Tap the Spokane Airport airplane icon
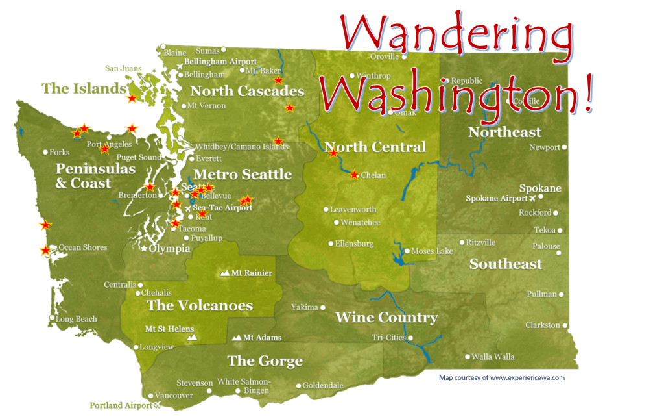[533, 198]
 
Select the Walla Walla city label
[493, 357]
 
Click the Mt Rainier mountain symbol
[226, 273]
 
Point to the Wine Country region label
[386, 318]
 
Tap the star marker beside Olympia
[144, 248]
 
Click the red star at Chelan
[354, 175]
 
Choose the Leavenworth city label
[353, 210]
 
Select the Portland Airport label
[121, 405]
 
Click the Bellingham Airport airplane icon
[180, 66]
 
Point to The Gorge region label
[265, 361]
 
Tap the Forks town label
[60, 153]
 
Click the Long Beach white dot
[52, 318]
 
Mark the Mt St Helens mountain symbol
[191, 338]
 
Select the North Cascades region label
[247, 91]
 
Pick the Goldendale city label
[323, 386]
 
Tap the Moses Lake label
[433, 251]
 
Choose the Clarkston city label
[543, 325]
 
